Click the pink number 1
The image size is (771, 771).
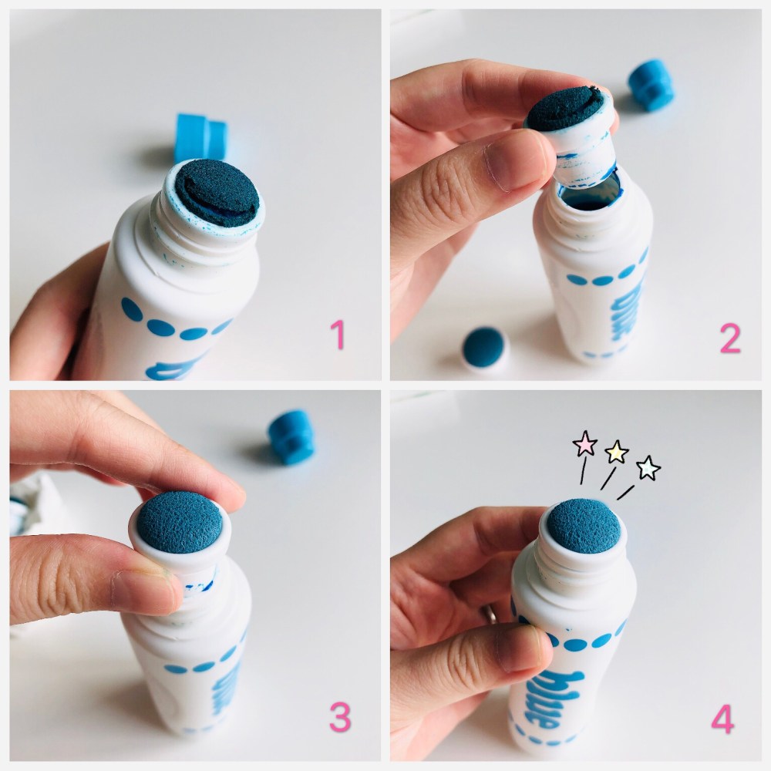click(338, 335)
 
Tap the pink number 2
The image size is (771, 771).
click(730, 338)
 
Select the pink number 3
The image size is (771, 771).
click(340, 717)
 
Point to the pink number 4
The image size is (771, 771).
click(723, 719)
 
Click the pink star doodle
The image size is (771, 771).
click(585, 443)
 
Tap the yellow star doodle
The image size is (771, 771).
click(617, 452)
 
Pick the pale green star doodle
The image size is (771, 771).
click(648, 468)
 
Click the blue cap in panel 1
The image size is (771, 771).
click(200, 139)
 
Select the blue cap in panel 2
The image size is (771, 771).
click(651, 85)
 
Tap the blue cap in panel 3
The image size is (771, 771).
click(291, 436)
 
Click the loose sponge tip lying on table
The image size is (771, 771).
click(485, 347)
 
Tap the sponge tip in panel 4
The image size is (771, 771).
click(584, 526)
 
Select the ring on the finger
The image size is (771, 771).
click(490, 614)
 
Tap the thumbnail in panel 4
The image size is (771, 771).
click(522, 648)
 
